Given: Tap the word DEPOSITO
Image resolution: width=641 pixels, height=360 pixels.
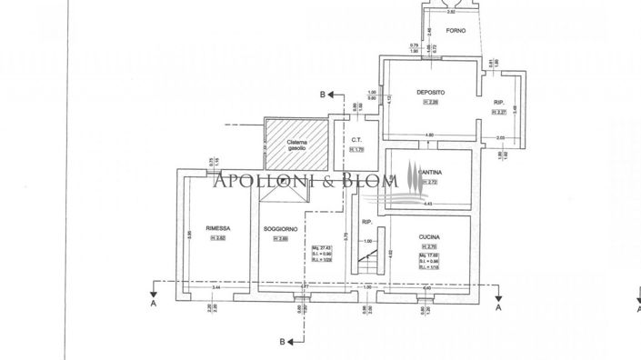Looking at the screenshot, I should click(430, 92).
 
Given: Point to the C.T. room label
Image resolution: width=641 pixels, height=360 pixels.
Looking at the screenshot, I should click(358, 140).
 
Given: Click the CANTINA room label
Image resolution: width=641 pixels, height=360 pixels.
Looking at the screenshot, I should click(430, 172).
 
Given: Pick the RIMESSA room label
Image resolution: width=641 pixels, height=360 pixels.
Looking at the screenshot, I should click(217, 228).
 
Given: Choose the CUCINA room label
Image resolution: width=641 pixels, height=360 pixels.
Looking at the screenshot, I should click(430, 236).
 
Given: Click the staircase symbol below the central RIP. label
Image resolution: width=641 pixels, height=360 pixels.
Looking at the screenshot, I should click(368, 265).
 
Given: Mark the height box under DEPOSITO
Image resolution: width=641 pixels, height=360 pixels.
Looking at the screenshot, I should click(430, 102).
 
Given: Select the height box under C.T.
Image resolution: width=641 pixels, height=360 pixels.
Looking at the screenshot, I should click(358, 150).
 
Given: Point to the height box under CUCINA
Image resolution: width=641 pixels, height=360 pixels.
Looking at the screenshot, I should click(429, 246).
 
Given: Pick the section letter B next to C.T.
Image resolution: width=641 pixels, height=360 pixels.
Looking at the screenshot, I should click(322, 94).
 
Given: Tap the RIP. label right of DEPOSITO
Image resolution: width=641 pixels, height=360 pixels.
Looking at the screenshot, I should click(499, 102).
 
